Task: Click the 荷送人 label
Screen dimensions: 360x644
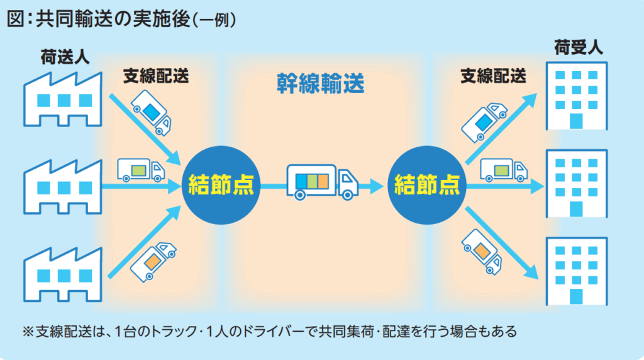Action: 66,59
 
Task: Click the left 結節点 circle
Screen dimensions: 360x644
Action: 218,184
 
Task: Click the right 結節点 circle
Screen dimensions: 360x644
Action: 426,184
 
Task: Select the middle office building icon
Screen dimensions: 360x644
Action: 577,183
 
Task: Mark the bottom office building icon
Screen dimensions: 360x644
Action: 577,271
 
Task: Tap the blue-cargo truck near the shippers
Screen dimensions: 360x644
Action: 151,113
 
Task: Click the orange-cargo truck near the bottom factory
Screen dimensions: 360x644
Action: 152,259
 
